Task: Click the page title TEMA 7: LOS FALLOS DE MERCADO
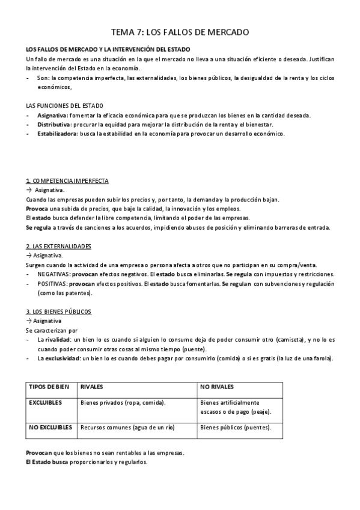[x=180, y=32]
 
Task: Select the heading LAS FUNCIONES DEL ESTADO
[x=61, y=105]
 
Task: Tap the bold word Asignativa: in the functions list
[x=52, y=115]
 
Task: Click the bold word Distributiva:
[x=54, y=124]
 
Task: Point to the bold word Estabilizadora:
[x=57, y=134]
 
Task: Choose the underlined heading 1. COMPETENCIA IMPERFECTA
[x=67, y=181]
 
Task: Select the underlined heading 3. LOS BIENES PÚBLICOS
[x=58, y=312]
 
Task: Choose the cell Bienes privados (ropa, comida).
[x=123, y=402]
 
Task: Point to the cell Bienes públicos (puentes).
[x=236, y=428]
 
